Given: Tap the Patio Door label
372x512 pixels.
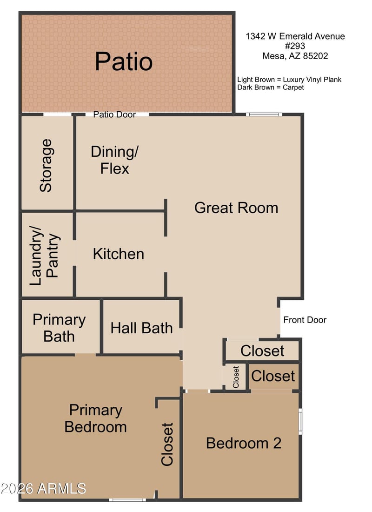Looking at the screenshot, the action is [114, 115].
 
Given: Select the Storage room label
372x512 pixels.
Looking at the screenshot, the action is [46, 166].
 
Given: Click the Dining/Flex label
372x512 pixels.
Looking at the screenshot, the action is [114, 160].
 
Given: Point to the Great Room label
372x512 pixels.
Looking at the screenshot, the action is [236, 208].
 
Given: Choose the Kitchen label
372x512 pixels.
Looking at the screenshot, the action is [119, 254].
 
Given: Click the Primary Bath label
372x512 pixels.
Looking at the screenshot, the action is [59, 328].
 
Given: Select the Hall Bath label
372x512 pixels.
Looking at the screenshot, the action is [142, 328].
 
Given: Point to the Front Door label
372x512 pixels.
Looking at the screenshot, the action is [305, 320].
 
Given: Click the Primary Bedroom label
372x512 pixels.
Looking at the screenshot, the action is [96, 418].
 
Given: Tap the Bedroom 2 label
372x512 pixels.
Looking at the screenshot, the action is [244, 443].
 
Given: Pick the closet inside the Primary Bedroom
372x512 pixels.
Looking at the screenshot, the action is [167, 444].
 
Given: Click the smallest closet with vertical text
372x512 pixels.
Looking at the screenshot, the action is [236, 377].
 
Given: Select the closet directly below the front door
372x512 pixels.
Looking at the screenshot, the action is [262, 350].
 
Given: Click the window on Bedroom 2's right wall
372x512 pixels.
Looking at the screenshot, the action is [300, 421].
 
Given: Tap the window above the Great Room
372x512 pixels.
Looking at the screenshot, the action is [264, 115].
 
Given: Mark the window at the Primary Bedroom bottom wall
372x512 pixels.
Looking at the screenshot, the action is [127, 500].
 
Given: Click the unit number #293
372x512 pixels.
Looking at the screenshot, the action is [295, 46].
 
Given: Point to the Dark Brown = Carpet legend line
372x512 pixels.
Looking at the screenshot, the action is [271, 88].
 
